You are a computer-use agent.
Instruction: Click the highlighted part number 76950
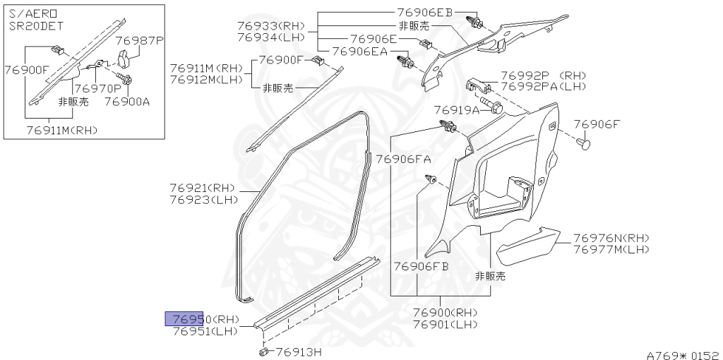[x=185, y=319]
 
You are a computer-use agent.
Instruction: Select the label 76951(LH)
[x=205, y=331]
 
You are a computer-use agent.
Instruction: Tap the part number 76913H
[x=298, y=352]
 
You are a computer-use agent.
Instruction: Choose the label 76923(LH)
[x=202, y=200]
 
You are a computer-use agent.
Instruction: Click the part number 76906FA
[x=403, y=159]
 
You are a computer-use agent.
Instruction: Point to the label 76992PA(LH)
[x=544, y=86]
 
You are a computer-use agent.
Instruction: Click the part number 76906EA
[x=359, y=51]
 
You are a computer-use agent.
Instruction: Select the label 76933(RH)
[x=270, y=25]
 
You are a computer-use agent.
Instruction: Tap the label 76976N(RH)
[x=611, y=238]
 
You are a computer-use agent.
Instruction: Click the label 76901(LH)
[x=446, y=324]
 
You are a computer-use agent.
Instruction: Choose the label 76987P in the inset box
[x=139, y=41]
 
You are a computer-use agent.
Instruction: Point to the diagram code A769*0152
[x=682, y=353]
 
